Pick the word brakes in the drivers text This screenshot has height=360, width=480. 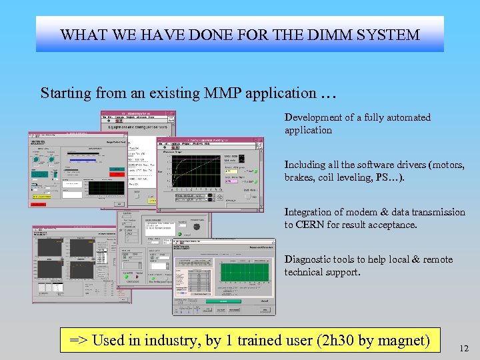click(x=299, y=177)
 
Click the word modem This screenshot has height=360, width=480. click(x=367, y=212)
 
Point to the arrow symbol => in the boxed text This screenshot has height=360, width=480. click(x=78, y=341)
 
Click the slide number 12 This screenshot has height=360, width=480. click(x=464, y=348)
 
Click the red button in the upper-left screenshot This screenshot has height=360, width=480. click(x=117, y=169)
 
